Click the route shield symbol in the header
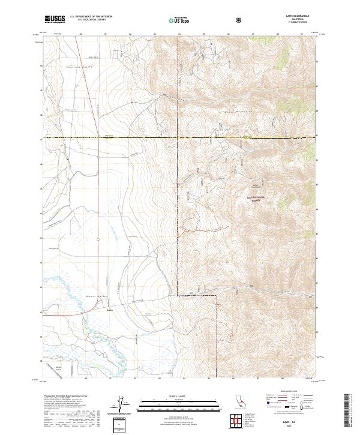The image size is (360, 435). click(x=240, y=20)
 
